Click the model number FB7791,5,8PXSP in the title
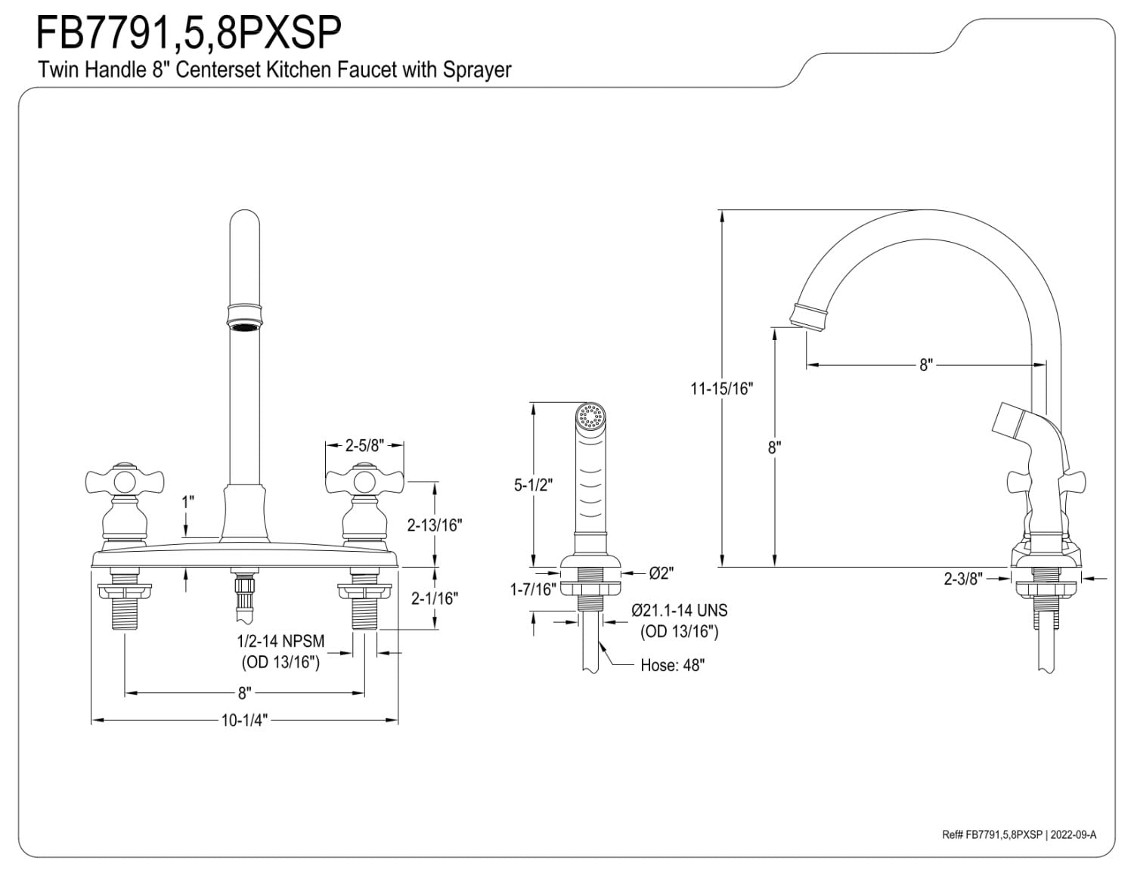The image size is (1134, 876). pos(189,32)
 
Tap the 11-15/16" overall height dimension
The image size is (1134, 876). pos(722,388)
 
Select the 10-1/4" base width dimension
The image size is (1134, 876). pos(244,720)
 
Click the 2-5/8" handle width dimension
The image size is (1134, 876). pos(363,446)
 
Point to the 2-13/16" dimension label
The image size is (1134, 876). pos(434,525)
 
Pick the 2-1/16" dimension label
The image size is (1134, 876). pos(434,599)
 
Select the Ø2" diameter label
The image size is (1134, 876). pos(661,573)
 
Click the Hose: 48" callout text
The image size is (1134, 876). pos(672,666)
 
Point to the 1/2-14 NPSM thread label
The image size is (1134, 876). pos(280,642)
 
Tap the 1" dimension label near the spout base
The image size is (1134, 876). pos(187,501)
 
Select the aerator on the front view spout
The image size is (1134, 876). pos(244,326)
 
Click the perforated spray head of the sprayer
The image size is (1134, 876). pos(590,416)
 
